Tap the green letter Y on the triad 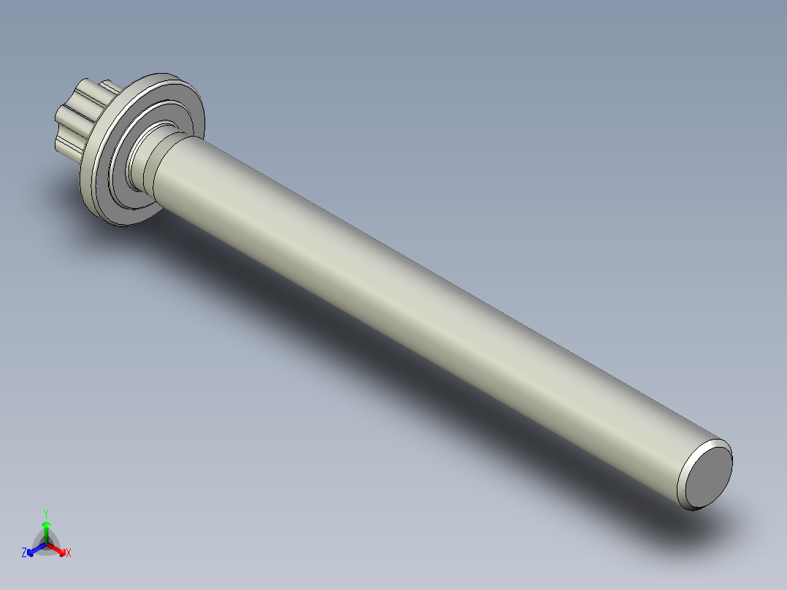point(46,513)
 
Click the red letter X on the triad point(69,553)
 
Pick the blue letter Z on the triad point(24,553)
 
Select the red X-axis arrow point(58,548)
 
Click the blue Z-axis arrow point(34,548)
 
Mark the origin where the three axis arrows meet point(46,543)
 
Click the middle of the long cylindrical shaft point(423,307)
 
